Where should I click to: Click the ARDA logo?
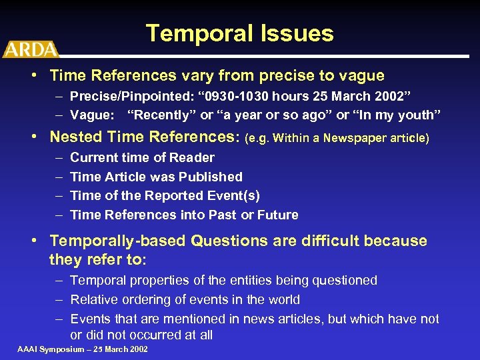(x=30, y=49)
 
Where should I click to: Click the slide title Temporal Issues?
(x=239, y=33)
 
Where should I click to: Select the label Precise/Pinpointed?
(x=127, y=95)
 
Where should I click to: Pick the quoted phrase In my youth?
(x=397, y=115)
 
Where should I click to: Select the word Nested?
(x=74, y=137)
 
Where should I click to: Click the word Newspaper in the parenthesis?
(x=361, y=139)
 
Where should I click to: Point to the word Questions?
(x=223, y=241)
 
